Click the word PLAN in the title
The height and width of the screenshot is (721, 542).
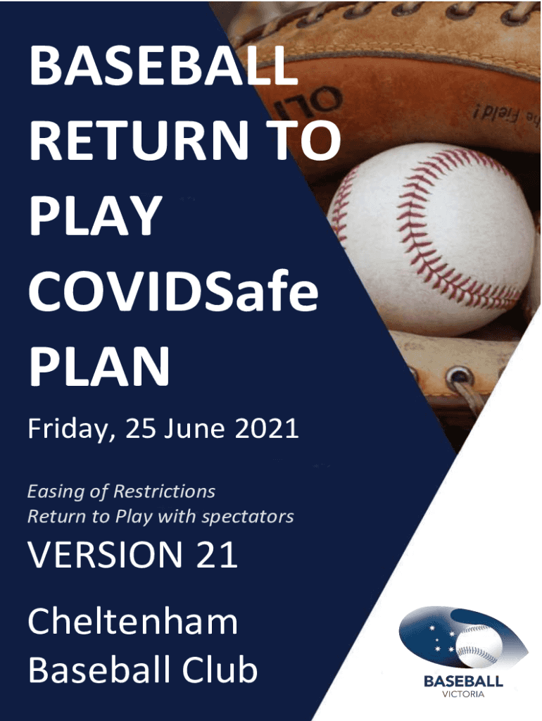tap(99, 366)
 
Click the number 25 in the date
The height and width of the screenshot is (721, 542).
tap(141, 429)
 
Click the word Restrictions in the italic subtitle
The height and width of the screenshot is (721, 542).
tap(165, 491)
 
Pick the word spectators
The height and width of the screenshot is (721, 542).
tap(248, 518)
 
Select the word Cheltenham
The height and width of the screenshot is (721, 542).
tap(133, 622)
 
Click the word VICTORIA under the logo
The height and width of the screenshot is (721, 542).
tap(463, 694)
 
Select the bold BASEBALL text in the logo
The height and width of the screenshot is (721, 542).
tap(463, 681)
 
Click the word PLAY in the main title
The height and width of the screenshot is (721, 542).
tap(96, 215)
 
